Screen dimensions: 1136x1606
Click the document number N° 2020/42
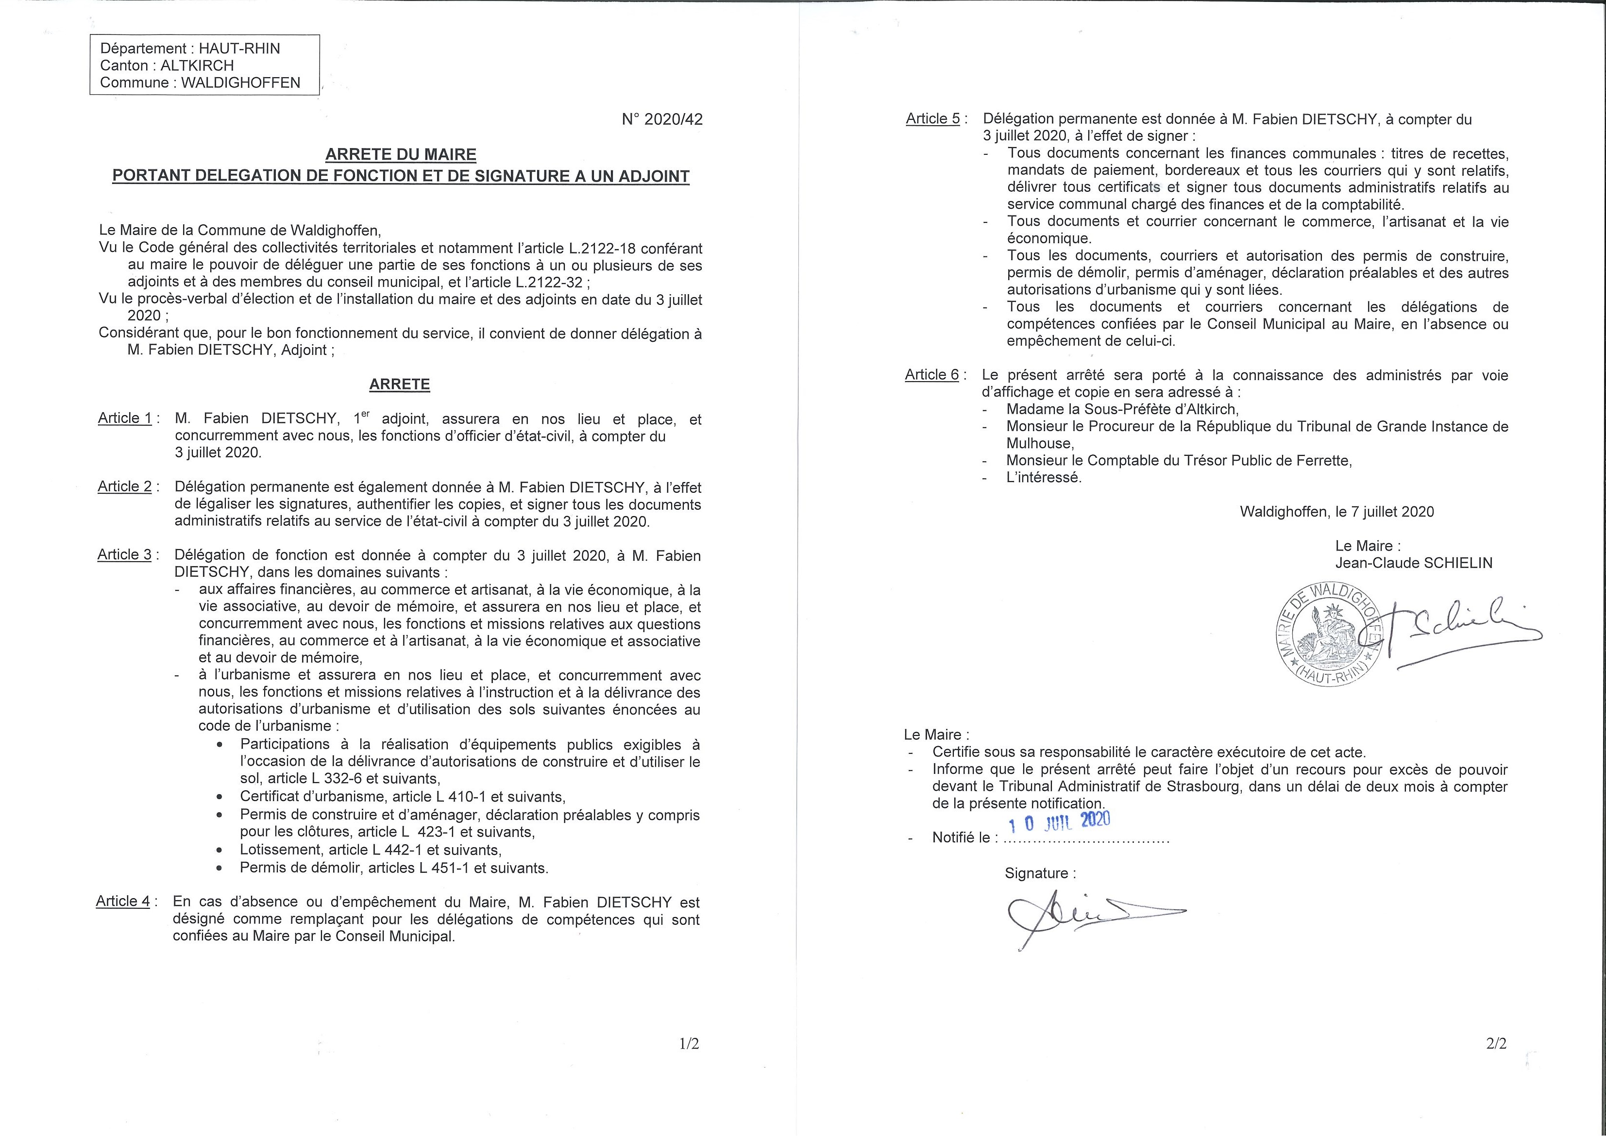pos(662,119)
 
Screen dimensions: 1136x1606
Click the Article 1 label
pos(124,418)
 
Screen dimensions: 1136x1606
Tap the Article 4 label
pos(123,901)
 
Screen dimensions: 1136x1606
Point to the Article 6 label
pos(931,375)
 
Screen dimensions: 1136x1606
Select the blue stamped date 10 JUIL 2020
pos(1059,821)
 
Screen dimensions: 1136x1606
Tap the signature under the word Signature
pos(1084,917)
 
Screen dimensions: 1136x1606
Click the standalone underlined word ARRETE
pos(400,384)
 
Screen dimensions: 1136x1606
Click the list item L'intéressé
pos(1043,478)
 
